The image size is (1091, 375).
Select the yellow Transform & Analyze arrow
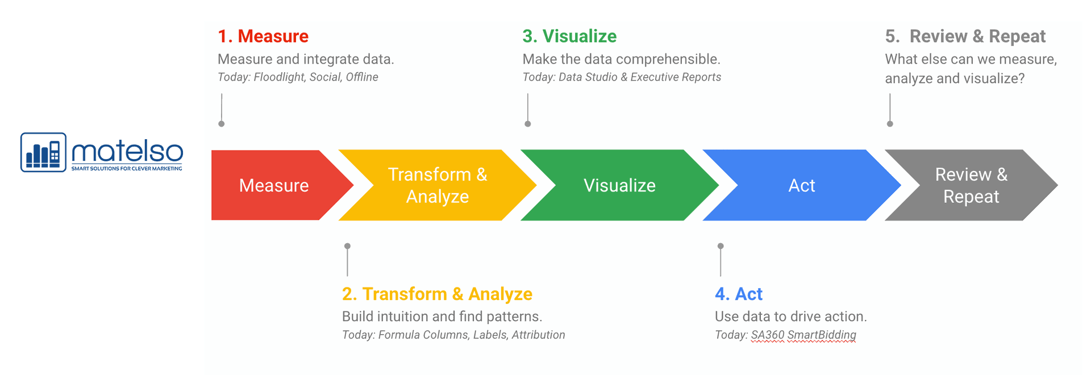(438, 185)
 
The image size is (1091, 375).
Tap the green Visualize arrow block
(619, 185)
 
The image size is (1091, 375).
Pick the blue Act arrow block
(802, 185)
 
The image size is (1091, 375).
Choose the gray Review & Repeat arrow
(972, 185)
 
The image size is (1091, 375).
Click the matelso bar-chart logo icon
(43, 152)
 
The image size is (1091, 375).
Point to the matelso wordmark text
(127, 151)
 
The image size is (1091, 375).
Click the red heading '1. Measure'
(263, 36)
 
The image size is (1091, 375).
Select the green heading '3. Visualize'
(569, 36)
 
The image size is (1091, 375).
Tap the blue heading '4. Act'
(739, 294)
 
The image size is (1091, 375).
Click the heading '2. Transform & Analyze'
(437, 294)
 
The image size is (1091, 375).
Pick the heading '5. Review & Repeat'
(965, 36)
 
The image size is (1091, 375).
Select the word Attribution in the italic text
(538, 335)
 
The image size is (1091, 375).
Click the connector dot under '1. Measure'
(222, 124)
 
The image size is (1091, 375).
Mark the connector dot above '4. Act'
(721, 246)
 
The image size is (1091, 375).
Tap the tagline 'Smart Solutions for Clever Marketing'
(127, 169)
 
